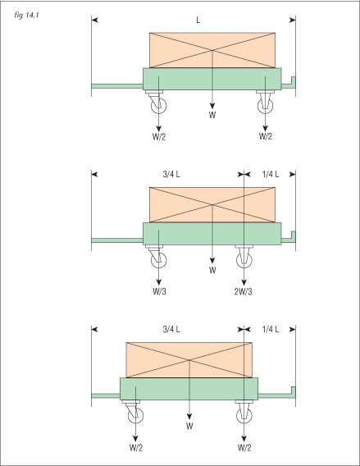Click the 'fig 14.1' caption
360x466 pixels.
[x=26, y=16]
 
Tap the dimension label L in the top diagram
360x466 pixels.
[x=198, y=20]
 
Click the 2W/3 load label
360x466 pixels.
[x=243, y=292]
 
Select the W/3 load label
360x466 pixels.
[x=159, y=291]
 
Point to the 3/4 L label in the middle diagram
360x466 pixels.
[x=171, y=174]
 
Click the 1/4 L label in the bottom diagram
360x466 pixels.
[x=271, y=329]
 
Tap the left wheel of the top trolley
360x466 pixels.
[x=158, y=106]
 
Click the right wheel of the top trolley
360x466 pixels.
[x=265, y=106]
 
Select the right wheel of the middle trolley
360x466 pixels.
[x=244, y=260]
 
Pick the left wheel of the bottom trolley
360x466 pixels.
[x=135, y=415]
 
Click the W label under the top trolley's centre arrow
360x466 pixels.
[x=212, y=115]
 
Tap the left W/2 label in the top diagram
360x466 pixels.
[x=159, y=137]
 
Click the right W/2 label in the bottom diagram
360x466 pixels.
[x=244, y=448]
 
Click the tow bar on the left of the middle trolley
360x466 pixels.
[x=117, y=240]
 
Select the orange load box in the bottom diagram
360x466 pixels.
[x=189, y=360]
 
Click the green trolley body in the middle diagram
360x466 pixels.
[x=212, y=234]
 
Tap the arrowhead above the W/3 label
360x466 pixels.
[x=158, y=282]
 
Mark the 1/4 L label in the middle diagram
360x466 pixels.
[x=271, y=174]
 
